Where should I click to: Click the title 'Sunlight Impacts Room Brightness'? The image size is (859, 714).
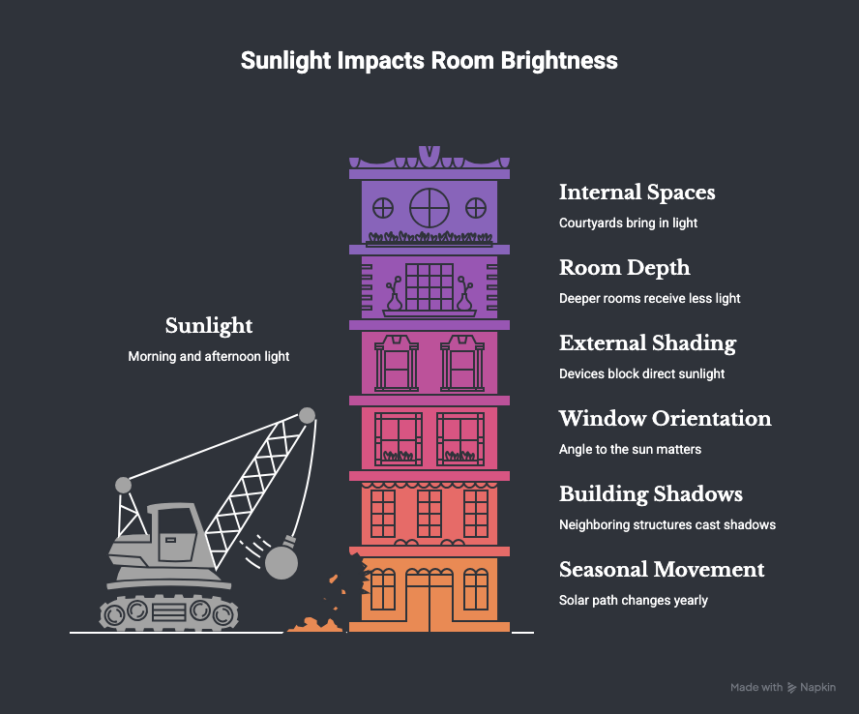[429, 60]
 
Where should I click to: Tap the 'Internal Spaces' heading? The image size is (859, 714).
[637, 193]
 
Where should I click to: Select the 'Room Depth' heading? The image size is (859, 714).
[625, 268]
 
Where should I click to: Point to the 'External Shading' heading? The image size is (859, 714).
[647, 343]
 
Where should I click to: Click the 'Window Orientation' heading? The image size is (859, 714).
[666, 419]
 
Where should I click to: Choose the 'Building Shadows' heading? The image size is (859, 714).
[651, 494]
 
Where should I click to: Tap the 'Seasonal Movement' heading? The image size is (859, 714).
[662, 569]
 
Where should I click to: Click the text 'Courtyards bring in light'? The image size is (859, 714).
[629, 223]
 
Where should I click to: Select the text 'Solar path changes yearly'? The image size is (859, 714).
[634, 601]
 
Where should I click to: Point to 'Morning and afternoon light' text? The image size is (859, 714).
[209, 357]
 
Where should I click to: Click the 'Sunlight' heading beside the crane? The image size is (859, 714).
[209, 326]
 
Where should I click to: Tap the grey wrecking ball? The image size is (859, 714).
[281, 562]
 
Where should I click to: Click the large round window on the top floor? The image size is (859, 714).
[429, 208]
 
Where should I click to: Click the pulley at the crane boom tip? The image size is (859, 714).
[308, 415]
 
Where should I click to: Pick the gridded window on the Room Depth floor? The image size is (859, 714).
[429, 287]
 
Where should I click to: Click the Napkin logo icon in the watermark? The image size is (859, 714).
[791, 688]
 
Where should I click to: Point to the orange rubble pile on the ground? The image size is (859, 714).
[314, 625]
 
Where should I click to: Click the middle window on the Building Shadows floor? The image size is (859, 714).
[429, 514]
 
